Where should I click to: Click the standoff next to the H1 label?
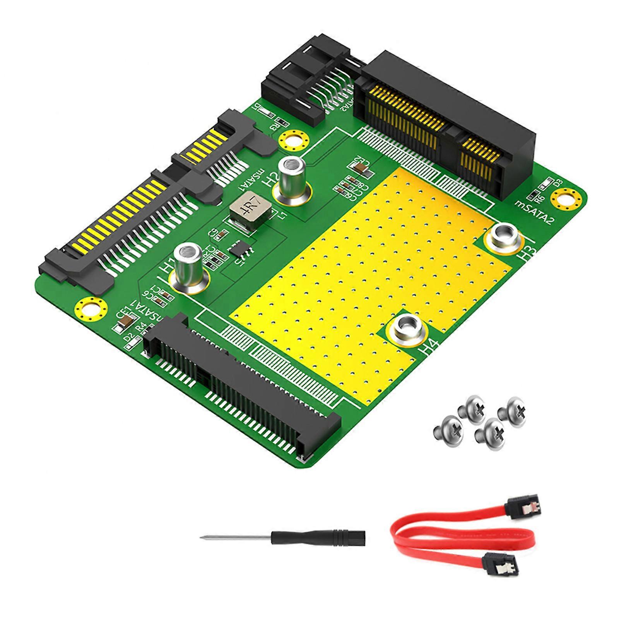click(188, 267)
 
